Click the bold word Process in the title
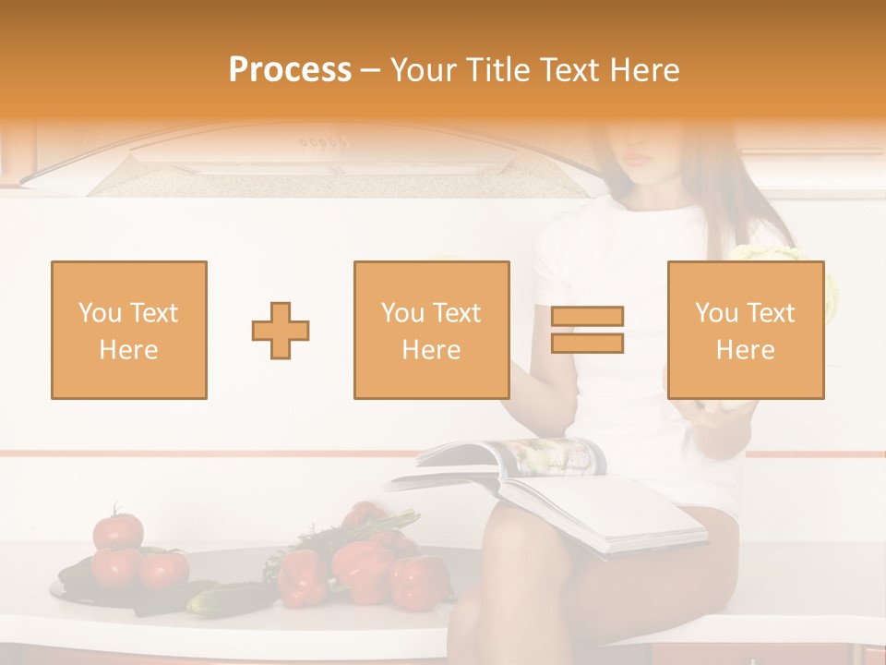coord(290,69)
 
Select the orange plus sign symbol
coord(281,330)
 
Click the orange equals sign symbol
coord(587,330)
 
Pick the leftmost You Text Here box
coord(128,330)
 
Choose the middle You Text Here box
coord(431,330)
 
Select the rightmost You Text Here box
coord(745,330)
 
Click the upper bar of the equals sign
coord(587,317)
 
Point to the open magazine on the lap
coord(554,490)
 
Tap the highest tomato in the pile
coord(118,529)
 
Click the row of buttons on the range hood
coord(323,143)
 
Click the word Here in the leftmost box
coord(128,350)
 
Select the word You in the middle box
coord(402,313)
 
